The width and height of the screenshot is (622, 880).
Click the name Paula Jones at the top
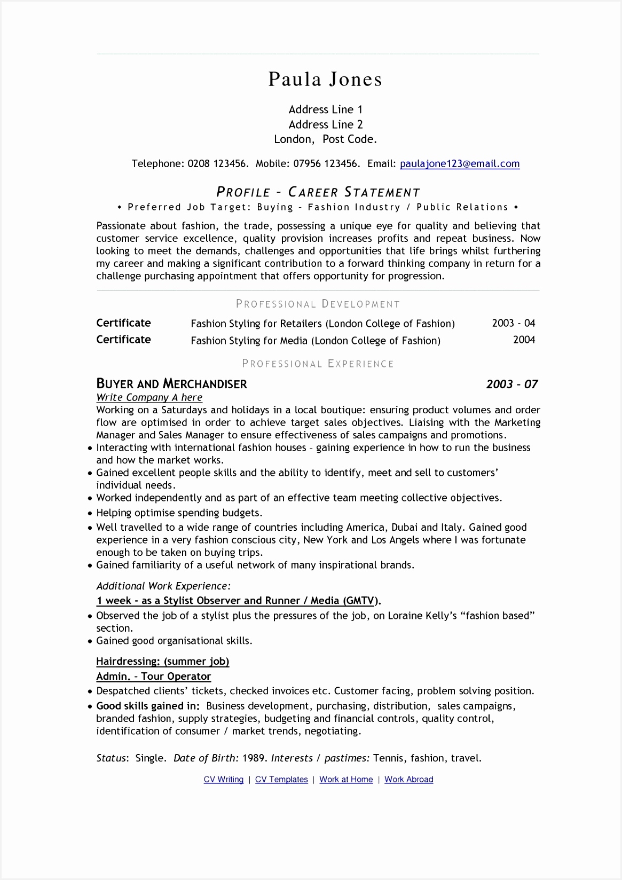tap(325, 80)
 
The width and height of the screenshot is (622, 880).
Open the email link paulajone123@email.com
tap(459, 164)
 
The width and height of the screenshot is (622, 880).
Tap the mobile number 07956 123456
tap(326, 164)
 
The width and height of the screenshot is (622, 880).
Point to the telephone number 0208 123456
tap(218, 164)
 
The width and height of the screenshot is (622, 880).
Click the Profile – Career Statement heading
tap(318, 192)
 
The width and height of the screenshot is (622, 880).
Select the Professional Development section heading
tap(318, 304)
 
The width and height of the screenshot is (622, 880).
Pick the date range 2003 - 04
tap(513, 323)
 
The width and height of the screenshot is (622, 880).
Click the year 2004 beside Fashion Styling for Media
tap(524, 340)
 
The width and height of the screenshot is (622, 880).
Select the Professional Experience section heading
tap(318, 364)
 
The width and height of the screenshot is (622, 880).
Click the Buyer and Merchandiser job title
tap(171, 384)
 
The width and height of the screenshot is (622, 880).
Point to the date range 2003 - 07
tap(511, 384)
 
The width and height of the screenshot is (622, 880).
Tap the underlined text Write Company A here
tap(149, 397)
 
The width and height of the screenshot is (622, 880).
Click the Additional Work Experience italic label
tap(163, 586)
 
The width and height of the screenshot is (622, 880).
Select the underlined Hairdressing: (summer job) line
tap(162, 662)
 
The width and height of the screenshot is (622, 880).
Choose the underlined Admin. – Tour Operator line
tap(153, 677)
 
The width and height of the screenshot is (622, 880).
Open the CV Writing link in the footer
tap(223, 780)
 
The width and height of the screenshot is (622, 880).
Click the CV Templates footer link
tap(281, 780)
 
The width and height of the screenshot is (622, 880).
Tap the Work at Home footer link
tap(346, 780)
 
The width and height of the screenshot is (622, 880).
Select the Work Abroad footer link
tap(408, 780)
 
